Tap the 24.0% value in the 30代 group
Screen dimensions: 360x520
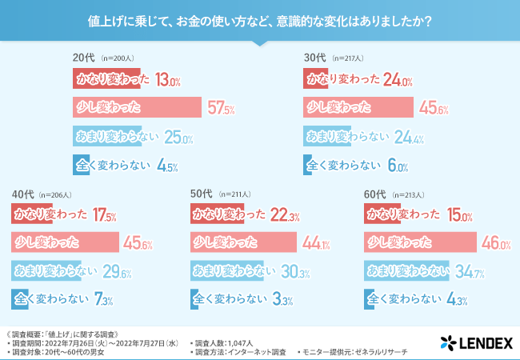point(398,81)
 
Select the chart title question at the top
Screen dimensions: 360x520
point(260,22)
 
